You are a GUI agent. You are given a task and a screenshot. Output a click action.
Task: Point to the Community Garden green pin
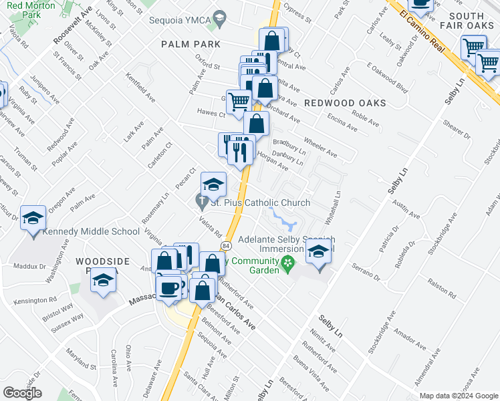[x=288, y=265]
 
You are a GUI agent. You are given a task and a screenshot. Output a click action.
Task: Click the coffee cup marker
[x=169, y=288]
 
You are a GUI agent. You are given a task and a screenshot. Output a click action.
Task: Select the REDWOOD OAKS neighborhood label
[x=345, y=103]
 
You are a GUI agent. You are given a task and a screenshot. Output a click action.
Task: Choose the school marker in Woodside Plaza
[x=103, y=281]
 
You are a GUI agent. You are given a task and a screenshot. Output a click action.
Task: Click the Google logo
[x=22, y=393]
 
